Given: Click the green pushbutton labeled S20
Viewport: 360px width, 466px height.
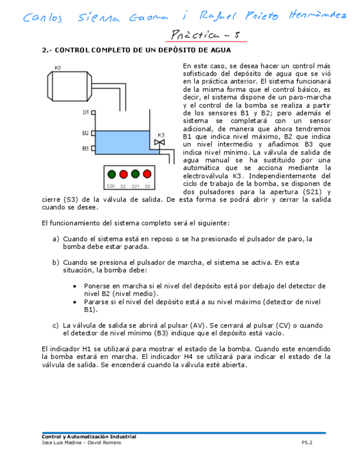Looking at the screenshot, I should click(112, 174).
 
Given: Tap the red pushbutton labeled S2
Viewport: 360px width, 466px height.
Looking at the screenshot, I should click(123, 174).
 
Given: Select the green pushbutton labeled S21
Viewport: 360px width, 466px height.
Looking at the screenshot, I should click(135, 174).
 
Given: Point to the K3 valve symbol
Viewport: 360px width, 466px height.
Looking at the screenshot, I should click(160, 143).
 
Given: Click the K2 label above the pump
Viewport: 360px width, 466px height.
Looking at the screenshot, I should click(58, 68).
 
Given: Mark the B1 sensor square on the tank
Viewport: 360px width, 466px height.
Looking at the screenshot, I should click(93, 112).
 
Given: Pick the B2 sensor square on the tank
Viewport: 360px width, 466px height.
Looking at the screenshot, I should click(93, 133).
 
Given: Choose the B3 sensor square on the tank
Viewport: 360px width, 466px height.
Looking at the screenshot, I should click(93, 148).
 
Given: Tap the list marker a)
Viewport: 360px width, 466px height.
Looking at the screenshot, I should click(56, 239).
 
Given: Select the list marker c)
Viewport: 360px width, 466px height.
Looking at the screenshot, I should click(56, 325).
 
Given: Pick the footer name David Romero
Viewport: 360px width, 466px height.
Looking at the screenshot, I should click(104, 442).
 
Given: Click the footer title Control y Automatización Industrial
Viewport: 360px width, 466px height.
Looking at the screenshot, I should click(89, 437).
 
